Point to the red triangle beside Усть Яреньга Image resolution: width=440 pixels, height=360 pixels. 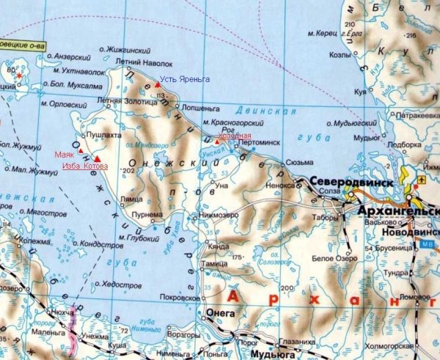pos(157,85)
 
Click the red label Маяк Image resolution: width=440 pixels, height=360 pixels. pos(65,155)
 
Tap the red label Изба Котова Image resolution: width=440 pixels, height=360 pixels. pos(84,166)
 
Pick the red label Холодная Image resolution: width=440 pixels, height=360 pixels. pos(236,136)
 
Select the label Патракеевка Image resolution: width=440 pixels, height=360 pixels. pos(417,116)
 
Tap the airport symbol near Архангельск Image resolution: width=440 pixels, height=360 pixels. pos(421,178)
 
